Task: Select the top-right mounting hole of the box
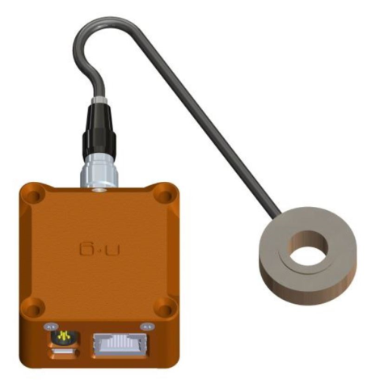click(x=166, y=194)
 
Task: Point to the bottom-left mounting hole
click(x=34, y=306)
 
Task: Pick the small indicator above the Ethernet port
click(x=146, y=326)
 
